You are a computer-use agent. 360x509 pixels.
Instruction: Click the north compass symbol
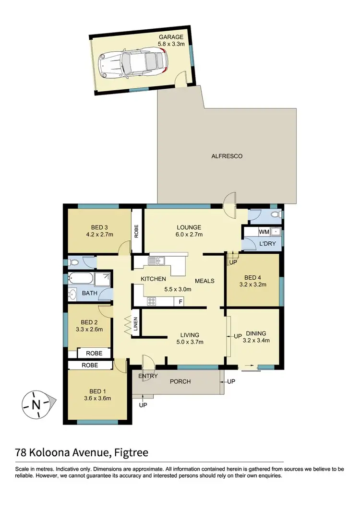coord(36,404)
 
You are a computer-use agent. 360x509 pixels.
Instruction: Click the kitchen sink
coord(157,261)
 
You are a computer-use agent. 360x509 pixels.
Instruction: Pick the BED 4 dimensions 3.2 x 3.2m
coord(253,284)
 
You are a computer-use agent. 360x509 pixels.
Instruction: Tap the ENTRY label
coord(148,376)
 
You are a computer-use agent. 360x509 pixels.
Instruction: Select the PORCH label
coord(180,381)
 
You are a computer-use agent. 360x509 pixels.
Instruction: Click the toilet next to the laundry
coord(275,214)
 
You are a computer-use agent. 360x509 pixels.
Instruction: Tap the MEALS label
coord(204,281)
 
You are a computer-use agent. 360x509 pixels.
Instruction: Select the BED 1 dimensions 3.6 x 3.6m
coord(98,398)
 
